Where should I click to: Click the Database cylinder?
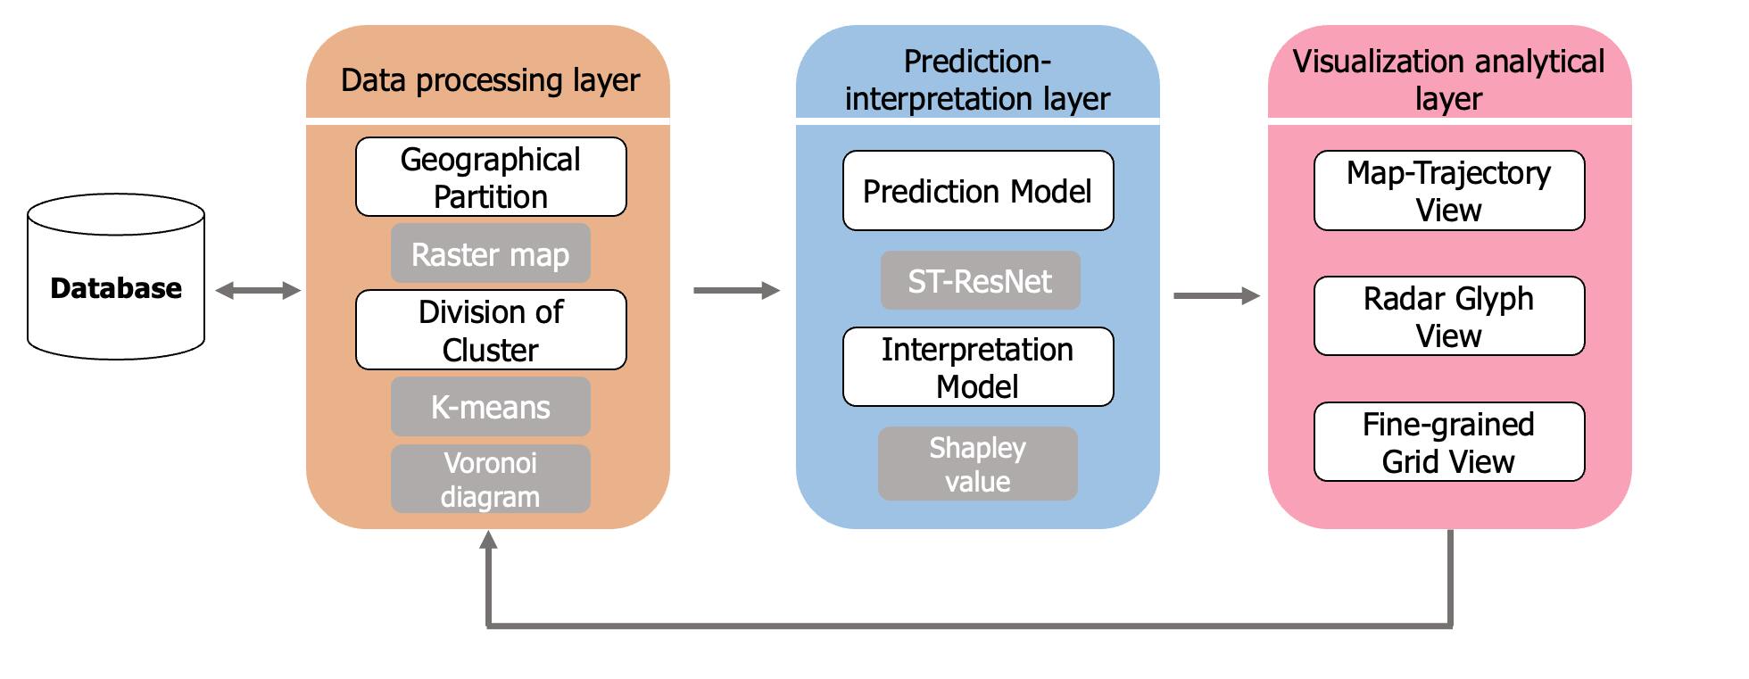pos(116,277)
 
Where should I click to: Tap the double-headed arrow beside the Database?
pos(258,290)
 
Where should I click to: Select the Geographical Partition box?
pos(491,177)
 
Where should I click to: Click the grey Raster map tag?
pos(491,253)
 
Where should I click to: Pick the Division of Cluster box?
pos(491,329)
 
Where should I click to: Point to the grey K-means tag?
pos(491,406)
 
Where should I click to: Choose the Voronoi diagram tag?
pos(491,479)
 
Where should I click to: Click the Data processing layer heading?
pos(490,80)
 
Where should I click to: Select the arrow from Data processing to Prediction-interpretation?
pos(737,290)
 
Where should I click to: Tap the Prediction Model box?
pos(978,190)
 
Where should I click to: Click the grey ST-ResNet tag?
pos(980,280)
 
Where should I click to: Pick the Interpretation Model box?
pos(978,367)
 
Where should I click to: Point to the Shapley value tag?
pos(978,463)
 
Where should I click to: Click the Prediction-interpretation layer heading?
pos(977,79)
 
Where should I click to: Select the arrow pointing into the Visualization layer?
pos(1216,295)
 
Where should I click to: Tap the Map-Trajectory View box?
pos(1449,190)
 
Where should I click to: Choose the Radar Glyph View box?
pos(1449,316)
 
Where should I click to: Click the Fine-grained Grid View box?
pos(1449,442)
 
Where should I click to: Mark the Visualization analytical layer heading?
pos(1448,79)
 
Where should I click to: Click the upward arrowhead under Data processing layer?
pos(488,539)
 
